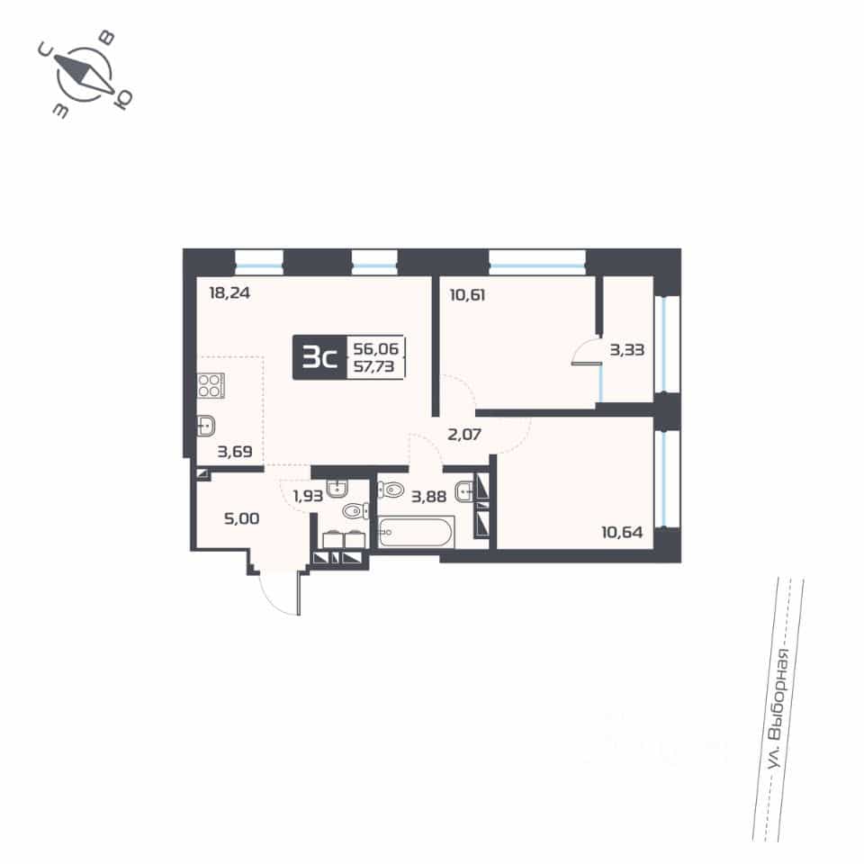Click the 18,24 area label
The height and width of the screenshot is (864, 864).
(x=229, y=292)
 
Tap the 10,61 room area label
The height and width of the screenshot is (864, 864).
(x=467, y=295)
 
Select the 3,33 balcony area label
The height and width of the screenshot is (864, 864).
(x=627, y=349)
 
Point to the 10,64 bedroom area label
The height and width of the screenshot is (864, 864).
(x=622, y=532)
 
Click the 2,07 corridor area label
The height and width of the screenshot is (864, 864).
(x=464, y=434)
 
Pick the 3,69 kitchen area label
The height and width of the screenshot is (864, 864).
(x=235, y=452)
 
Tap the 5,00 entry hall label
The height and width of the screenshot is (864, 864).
(x=242, y=518)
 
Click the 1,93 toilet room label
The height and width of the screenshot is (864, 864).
(x=308, y=496)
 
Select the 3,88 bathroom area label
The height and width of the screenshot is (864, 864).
(x=428, y=497)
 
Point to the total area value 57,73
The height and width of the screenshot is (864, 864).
(x=374, y=366)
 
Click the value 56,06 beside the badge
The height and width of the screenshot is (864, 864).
(x=376, y=348)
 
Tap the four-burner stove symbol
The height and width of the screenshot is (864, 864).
(x=211, y=385)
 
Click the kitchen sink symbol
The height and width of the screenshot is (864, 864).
(x=206, y=426)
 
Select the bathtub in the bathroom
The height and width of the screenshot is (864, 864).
(x=416, y=532)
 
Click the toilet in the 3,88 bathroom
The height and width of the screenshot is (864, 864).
(x=391, y=490)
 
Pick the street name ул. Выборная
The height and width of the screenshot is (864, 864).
(x=779, y=709)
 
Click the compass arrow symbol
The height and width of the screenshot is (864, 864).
(x=85, y=74)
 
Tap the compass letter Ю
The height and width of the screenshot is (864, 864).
(x=123, y=99)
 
